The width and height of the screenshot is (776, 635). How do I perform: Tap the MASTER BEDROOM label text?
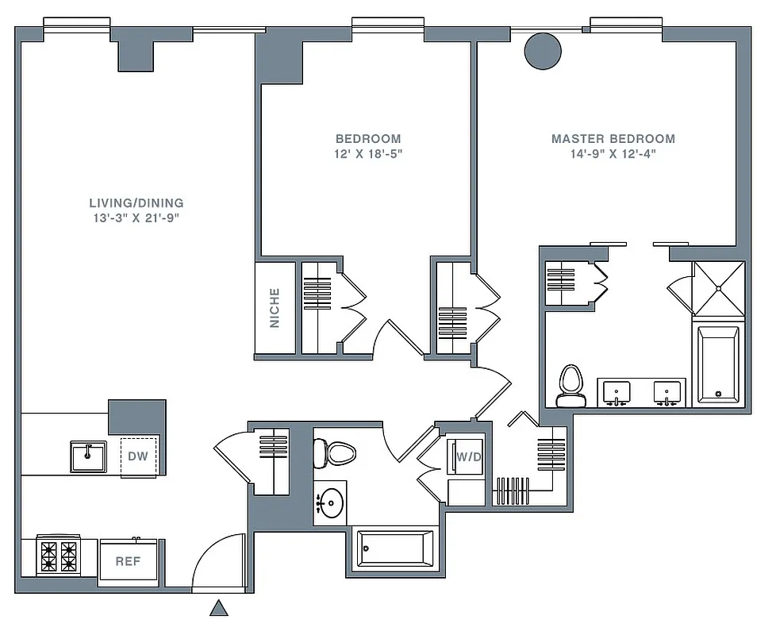tap(613, 138)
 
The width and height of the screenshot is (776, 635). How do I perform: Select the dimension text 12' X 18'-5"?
tap(367, 153)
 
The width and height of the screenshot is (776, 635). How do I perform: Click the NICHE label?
tap(275, 307)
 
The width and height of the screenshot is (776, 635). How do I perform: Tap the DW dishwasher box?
tap(138, 457)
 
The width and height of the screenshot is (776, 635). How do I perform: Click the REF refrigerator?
tap(128, 560)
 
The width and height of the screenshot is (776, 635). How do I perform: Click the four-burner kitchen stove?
tap(59, 556)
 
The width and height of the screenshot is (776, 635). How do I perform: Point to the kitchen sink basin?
tap(86, 456)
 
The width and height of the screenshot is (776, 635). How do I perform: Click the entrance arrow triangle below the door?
tap(218, 609)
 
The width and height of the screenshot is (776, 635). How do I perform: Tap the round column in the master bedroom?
tap(544, 50)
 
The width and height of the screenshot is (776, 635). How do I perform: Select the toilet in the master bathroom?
tap(570, 385)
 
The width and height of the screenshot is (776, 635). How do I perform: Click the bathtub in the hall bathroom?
tap(394, 548)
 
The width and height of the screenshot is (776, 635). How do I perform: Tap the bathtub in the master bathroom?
tap(718, 364)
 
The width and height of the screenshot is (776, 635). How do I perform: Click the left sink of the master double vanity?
tap(616, 391)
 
